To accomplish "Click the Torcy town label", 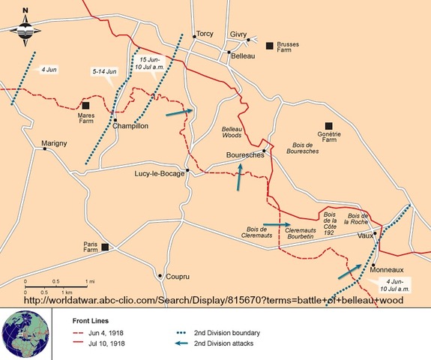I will click(x=205, y=34).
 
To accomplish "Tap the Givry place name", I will click(x=238, y=34).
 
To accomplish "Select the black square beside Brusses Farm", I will click(x=270, y=46).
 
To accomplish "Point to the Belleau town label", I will click(x=244, y=56).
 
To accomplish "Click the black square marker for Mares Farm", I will click(x=86, y=106).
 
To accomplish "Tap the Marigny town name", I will click(x=56, y=142).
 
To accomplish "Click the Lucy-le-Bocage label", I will click(x=158, y=173).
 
